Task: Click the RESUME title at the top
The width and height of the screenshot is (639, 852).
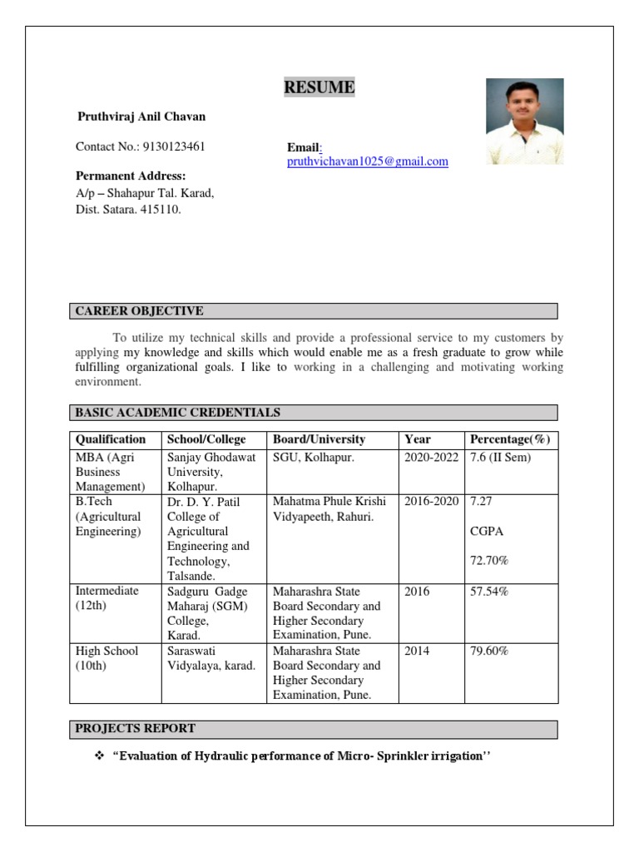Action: click(x=319, y=87)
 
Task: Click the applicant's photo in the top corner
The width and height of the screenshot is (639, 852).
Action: click(x=524, y=121)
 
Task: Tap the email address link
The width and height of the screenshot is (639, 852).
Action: click(x=367, y=161)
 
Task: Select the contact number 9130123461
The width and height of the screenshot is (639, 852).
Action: click(x=174, y=146)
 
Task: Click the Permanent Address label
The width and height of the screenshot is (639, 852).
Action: click(x=131, y=176)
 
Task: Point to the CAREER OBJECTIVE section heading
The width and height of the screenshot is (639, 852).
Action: click(x=139, y=311)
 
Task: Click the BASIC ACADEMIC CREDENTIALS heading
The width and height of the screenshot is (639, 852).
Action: click(x=177, y=412)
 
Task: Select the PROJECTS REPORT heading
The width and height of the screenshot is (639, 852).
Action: click(x=136, y=728)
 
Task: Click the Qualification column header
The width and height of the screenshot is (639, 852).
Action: click(x=111, y=439)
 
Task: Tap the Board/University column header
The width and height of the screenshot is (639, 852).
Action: click(x=319, y=439)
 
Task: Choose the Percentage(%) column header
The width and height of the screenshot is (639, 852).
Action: click(x=510, y=439)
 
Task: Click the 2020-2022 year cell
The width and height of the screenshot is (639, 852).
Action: click(x=431, y=458)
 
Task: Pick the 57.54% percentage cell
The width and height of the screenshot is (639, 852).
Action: click(x=489, y=591)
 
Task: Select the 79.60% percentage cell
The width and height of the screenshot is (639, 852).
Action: click(x=489, y=651)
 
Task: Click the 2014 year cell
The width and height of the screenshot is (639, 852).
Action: click(x=417, y=651)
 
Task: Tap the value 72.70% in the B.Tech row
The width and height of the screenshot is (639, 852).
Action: click(x=489, y=561)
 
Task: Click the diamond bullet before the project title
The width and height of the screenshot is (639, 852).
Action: click(x=98, y=755)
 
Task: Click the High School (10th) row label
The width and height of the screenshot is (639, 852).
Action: click(x=106, y=658)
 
